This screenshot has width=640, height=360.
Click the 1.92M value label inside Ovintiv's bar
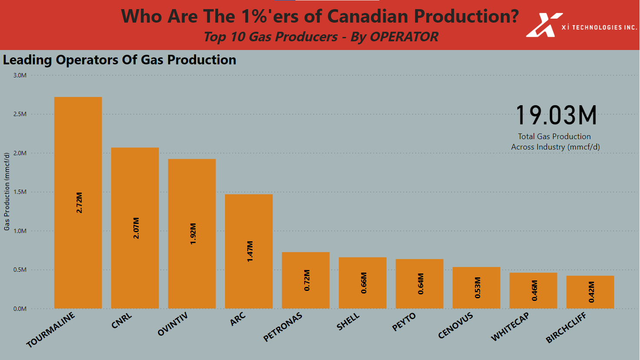click(x=193, y=234)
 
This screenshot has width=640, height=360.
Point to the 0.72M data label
click(x=307, y=280)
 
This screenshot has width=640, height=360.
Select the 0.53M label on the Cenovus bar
click(x=478, y=287)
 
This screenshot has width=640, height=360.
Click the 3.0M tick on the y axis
click(x=20, y=75)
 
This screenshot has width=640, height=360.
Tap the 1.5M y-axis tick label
click(x=20, y=192)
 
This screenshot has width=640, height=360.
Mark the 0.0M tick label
click(x=20, y=309)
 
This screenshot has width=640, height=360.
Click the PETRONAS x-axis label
click(x=283, y=327)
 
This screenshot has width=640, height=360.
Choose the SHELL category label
click(x=348, y=322)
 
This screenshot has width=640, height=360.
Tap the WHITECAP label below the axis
click(x=510, y=327)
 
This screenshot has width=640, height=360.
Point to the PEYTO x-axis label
click(x=404, y=322)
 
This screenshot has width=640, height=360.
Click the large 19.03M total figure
click(x=556, y=116)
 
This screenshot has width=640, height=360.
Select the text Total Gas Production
click(x=554, y=137)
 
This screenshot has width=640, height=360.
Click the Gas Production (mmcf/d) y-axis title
click(x=7, y=191)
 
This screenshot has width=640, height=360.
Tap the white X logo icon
click(x=543, y=25)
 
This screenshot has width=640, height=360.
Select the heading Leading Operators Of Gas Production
click(x=119, y=60)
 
